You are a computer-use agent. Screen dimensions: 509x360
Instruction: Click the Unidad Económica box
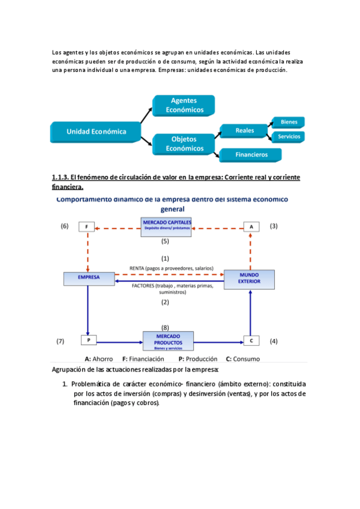coord(97,131)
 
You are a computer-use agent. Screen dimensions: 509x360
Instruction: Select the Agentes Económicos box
coord(184,105)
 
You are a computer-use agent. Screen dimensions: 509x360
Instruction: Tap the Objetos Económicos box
coord(184,143)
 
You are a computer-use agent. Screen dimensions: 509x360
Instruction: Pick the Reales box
coord(244,130)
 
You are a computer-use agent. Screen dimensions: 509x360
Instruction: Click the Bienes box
coord(289,122)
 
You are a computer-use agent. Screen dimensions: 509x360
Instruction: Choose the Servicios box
coord(289,137)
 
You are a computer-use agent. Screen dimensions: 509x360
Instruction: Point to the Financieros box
coord(251,155)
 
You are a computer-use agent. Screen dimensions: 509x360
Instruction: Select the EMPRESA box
coord(88,278)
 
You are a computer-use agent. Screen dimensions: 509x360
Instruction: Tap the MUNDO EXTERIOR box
coord(249,279)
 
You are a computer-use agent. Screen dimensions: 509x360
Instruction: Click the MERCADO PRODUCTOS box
coord(167,340)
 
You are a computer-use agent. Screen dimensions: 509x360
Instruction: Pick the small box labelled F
coord(88,227)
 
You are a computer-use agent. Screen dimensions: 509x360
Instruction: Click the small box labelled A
coord(251,227)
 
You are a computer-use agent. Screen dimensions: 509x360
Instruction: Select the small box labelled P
coord(88,340)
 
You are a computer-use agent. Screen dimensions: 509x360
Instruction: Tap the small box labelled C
coord(251,340)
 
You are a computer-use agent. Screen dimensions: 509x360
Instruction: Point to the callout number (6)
coord(65,226)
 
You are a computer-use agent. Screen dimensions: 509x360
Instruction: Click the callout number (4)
coord(274,341)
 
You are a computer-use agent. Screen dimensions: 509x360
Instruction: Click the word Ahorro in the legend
coord(101,358)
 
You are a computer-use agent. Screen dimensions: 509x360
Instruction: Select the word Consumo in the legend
coord(248,358)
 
